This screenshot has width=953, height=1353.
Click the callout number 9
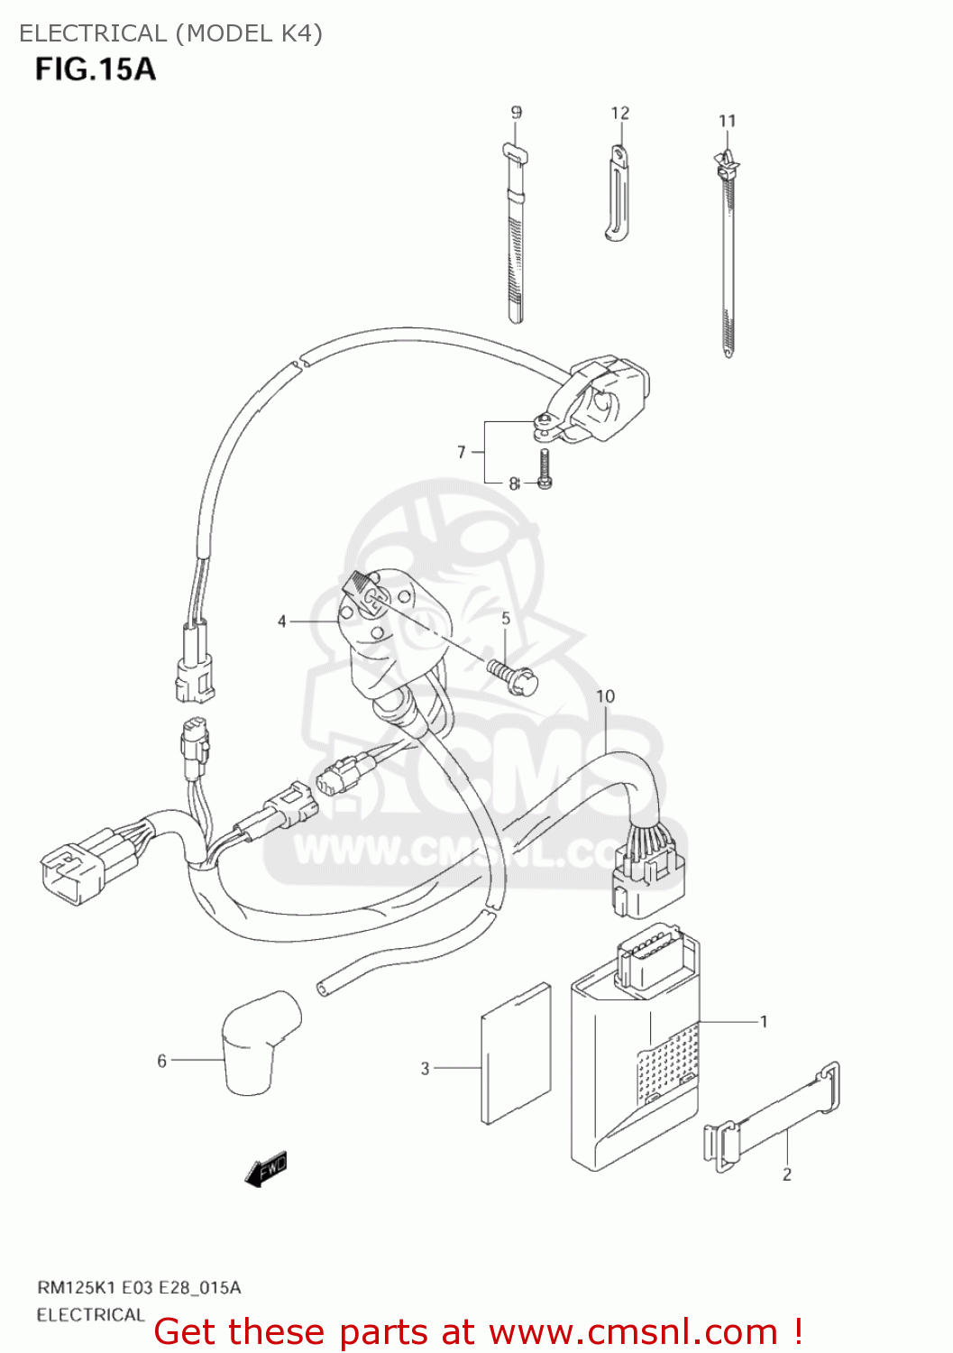click(516, 113)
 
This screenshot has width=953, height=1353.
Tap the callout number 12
click(620, 114)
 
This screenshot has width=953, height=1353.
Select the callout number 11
click(728, 121)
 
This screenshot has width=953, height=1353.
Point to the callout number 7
click(462, 452)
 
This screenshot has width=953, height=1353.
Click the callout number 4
click(282, 621)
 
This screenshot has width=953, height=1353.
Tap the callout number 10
click(605, 696)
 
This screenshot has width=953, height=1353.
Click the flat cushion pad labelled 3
click(517, 1054)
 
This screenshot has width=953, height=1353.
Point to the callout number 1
click(764, 1022)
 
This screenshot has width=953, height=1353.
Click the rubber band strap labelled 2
click(774, 1118)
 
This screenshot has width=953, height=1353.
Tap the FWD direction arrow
click(266, 1169)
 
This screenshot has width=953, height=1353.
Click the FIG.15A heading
click(96, 69)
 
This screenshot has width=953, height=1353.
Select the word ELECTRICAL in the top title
click(93, 33)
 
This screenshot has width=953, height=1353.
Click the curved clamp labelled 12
click(618, 194)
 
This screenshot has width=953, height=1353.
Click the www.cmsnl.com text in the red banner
click(633, 1331)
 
